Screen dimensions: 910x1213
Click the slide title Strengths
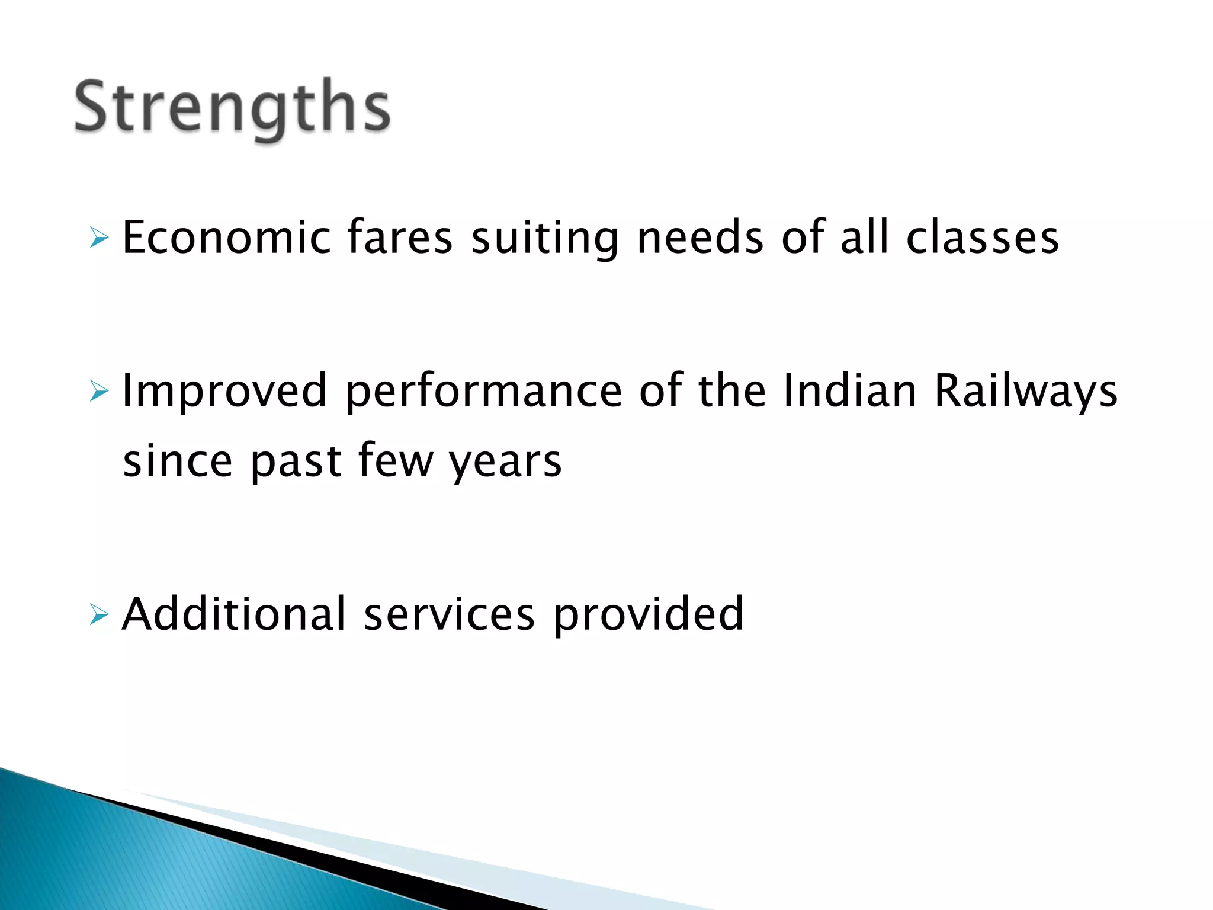232,108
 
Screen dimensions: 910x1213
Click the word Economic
226,238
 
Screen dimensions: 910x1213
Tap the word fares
400,238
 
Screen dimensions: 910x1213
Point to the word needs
700,238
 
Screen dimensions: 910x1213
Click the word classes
982,238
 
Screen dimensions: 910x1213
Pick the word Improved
224,392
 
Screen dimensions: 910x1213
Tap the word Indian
849,390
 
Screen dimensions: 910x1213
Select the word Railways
1026,392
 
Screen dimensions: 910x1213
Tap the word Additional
233,614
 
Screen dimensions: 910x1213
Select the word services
449,614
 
